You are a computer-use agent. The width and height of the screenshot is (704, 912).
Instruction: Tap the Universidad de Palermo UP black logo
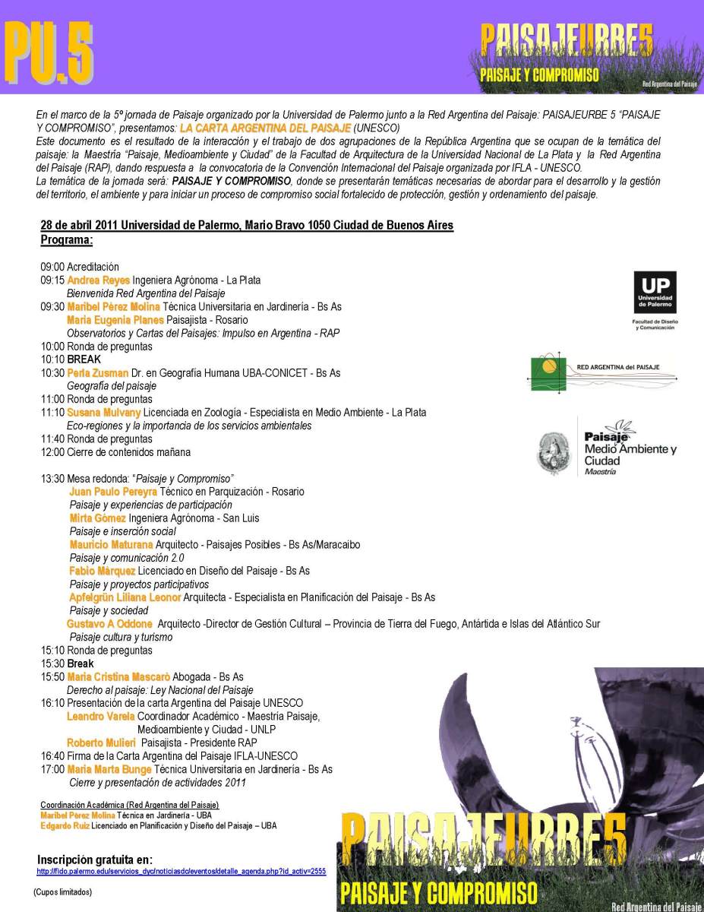(655, 293)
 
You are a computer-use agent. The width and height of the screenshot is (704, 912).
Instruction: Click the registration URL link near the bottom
(182, 872)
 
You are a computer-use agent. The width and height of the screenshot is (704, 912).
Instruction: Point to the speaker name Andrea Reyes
(99, 280)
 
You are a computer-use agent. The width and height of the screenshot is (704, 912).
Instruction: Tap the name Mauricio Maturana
(112, 545)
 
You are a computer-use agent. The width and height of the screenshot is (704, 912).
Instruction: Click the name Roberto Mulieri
(101, 743)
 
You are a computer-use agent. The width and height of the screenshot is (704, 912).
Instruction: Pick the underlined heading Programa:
(67, 240)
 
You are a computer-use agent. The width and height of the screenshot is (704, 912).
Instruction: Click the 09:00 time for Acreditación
(52, 267)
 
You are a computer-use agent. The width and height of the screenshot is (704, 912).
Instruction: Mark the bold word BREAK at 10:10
(84, 359)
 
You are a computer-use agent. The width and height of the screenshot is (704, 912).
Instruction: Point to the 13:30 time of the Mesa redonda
(52, 478)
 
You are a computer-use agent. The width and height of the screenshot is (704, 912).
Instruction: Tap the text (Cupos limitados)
(62, 891)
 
